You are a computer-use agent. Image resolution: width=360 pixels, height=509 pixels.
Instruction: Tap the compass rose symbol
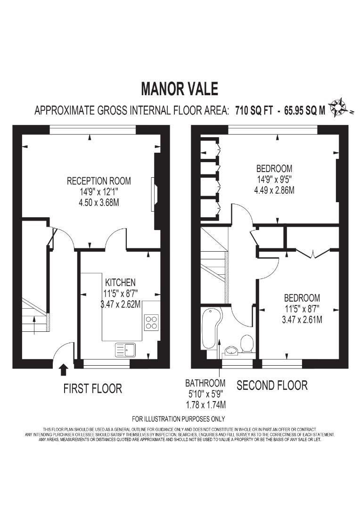(x=338, y=108)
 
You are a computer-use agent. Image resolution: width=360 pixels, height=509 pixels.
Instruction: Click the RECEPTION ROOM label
(x=98, y=181)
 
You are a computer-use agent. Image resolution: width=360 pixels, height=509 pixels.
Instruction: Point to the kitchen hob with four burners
(x=151, y=322)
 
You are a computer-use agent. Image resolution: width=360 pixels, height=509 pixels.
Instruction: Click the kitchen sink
(x=125, y=349)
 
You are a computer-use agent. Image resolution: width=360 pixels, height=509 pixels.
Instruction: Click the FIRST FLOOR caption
(x=92, y=389)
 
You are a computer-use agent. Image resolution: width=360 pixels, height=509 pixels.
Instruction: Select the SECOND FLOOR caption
(x=272, y=386)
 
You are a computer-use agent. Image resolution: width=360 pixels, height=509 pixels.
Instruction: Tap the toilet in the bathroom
(x=246, y=343)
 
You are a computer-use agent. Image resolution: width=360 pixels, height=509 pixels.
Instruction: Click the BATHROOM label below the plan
(x=205, y=383)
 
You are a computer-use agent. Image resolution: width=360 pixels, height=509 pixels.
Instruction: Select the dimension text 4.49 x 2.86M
(x=275, y=190)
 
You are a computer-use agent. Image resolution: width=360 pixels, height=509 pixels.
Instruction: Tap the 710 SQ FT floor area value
(x=254, y=111)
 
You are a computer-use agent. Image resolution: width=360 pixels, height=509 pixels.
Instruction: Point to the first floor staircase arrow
(x=34, y=325)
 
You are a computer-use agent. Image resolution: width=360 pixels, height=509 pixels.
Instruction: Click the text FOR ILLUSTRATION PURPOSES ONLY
(x=179, y=419)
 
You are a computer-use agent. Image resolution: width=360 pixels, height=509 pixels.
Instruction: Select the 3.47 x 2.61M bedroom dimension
(x=302, y=320)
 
